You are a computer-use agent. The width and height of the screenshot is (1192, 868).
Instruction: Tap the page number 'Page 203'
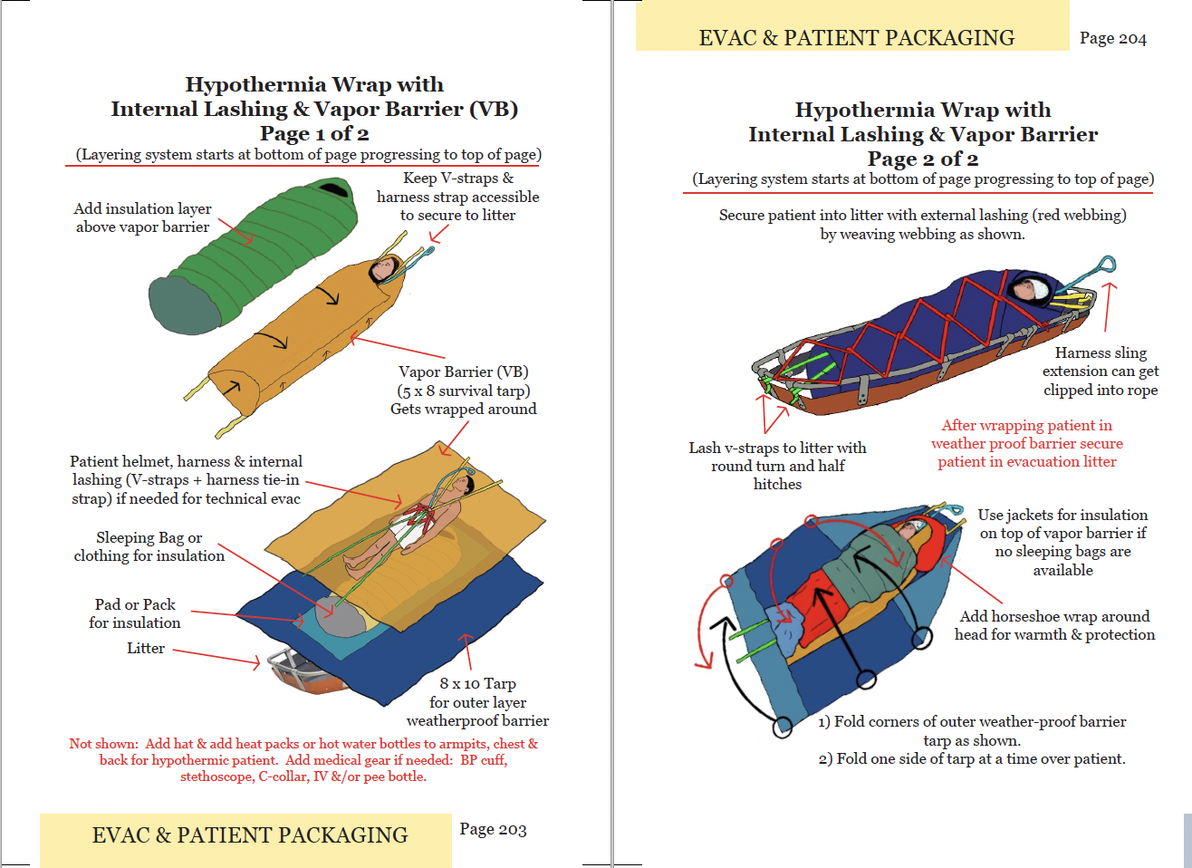tap(493, 829)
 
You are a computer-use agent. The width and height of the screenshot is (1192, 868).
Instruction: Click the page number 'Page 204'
tap(1112, 38)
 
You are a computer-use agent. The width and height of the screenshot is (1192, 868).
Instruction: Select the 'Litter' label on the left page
tap(146, 649)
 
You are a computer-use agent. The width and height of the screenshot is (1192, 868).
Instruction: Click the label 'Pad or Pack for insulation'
tap(135, 613)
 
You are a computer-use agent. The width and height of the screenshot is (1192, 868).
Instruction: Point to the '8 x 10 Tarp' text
tap(477, 684)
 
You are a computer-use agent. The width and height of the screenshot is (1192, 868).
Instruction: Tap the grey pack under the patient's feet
tap(339, 618)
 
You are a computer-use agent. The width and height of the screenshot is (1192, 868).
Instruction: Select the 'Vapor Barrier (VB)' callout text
tap(463, 372)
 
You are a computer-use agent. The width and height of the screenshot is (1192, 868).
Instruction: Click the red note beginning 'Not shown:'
tap(303, 759)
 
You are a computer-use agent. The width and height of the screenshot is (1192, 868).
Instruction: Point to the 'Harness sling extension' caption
tap(1101, 371)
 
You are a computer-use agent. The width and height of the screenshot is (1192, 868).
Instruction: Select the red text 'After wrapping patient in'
tap(1026, 426)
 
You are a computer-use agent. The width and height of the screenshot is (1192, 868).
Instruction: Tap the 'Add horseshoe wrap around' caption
tap(1054, 617)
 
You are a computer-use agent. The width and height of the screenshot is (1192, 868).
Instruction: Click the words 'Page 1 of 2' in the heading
tap(314, 134)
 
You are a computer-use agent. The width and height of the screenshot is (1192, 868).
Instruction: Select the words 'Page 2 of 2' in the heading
tap(922, 159)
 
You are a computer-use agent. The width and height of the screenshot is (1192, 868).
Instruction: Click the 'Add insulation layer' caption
tap(142, 209)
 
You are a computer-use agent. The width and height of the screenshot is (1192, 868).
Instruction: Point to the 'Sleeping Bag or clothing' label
tap(149, 546)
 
